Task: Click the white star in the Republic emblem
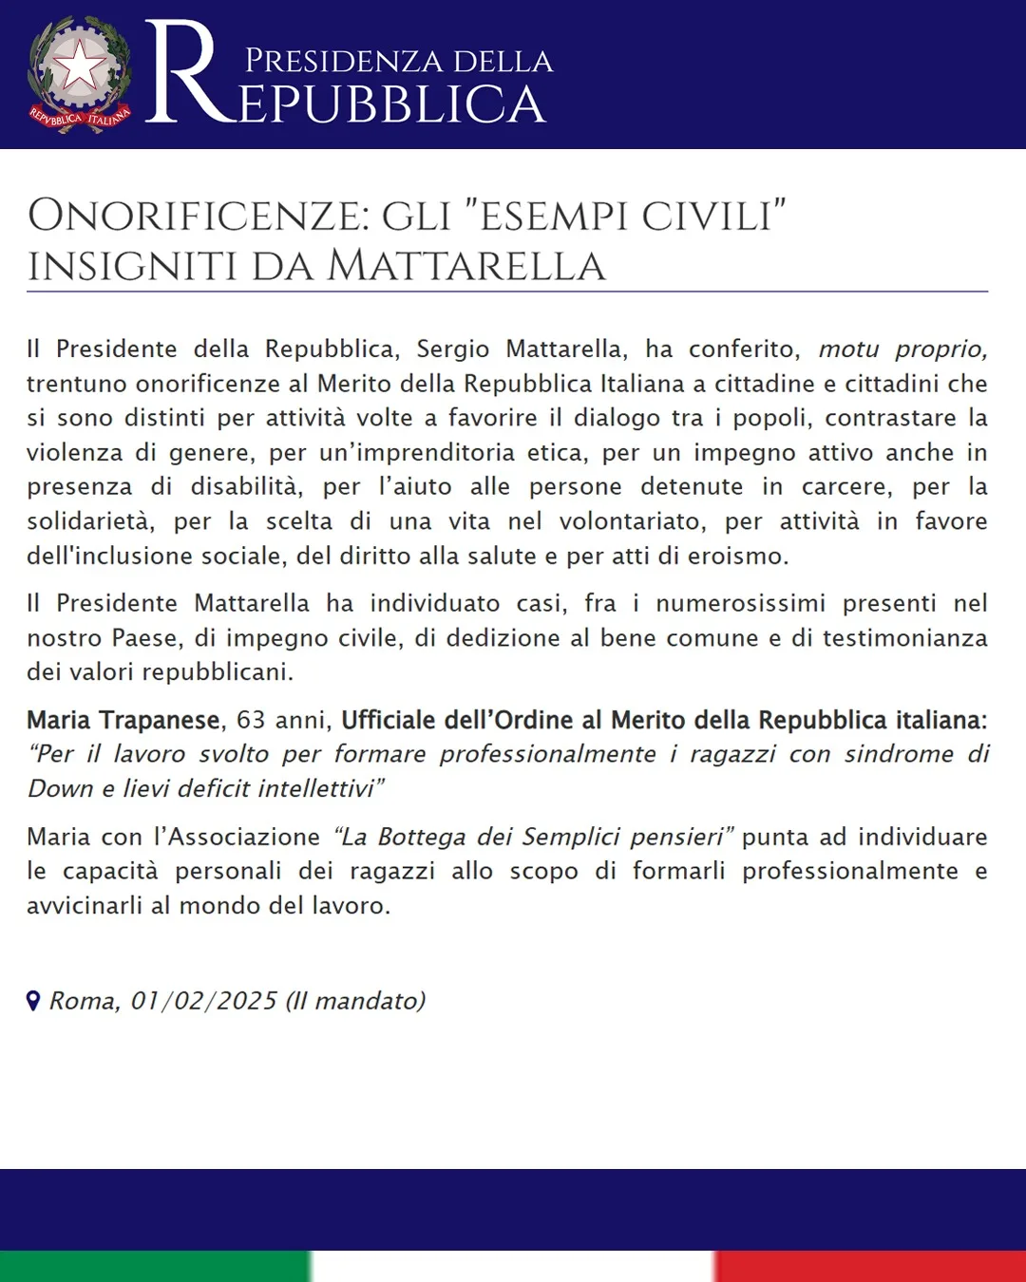point(80,67)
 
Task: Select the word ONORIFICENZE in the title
point(198,216)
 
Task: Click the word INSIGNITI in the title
point(132,266)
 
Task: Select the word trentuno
point(77,384)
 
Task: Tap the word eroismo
point(742,556)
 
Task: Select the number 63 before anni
point(251,720)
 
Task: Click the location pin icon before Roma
point(33,1001)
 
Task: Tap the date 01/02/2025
point(203,1001)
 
